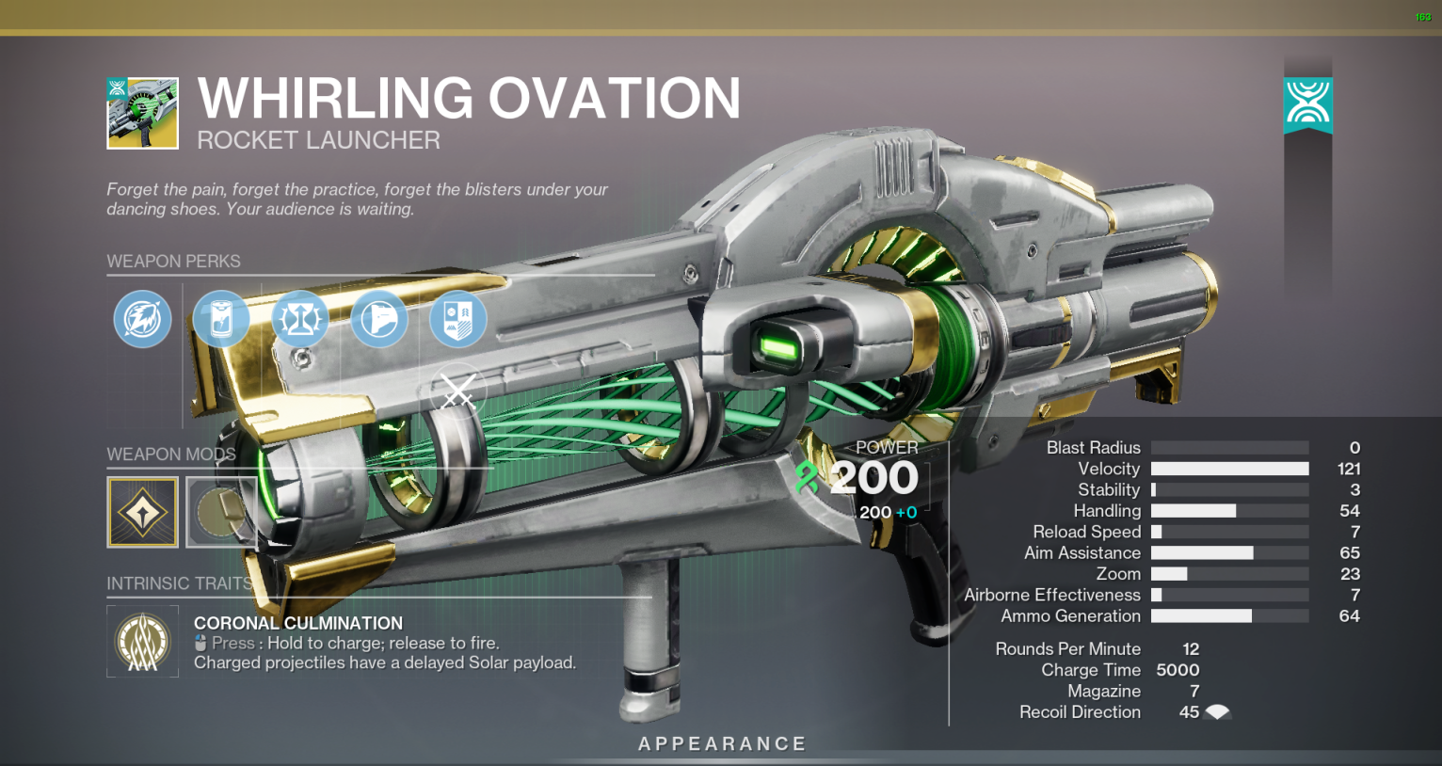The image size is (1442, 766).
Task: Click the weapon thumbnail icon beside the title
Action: pos(142,113)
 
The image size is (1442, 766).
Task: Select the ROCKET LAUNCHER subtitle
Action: pos(319,140)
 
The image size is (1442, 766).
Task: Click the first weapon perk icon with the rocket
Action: pos(142,319)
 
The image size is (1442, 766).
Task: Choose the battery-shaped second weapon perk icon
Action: pos(221,319)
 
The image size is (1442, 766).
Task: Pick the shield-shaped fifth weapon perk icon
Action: pos(457,319)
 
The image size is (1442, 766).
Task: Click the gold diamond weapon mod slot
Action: pos(142,512)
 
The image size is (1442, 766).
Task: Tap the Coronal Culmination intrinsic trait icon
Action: pos(142,641)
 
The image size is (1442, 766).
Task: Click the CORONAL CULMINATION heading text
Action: pos(298,623)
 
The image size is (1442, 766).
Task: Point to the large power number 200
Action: pos(874,478)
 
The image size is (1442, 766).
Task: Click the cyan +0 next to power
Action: pos(905,512)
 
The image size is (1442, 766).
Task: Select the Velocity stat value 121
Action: pos(1349,469)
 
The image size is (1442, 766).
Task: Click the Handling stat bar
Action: pos(1229,510)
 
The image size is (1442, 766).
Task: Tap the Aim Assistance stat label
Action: pos(1082,553)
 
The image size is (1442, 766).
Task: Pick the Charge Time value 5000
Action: pos(1178,670)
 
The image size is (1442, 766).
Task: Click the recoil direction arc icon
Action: pos(1217,712)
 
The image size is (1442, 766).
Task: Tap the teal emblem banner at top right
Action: pos(1307,105)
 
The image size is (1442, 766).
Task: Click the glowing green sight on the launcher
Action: pos(779,347)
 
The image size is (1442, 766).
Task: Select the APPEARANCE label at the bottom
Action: pos(722,744)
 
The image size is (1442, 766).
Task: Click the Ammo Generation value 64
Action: pos(1350,616)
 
